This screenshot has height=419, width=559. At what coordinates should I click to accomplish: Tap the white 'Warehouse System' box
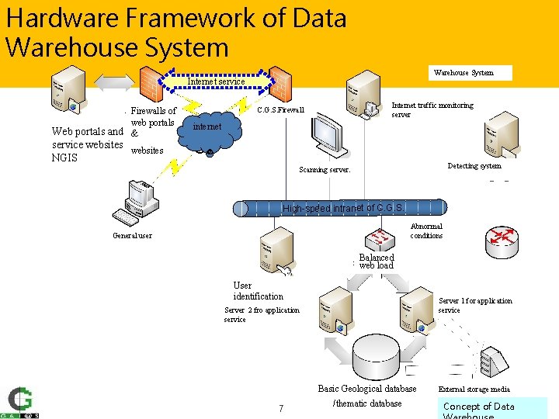pos(474,73)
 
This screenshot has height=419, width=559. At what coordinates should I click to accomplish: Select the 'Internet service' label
pos(217,81)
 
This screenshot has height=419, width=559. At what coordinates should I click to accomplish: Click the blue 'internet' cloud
pos(207,128)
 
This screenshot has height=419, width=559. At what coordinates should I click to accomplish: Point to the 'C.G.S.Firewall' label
pos(280,110)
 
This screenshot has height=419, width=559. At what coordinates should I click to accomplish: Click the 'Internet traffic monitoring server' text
pos(432,109)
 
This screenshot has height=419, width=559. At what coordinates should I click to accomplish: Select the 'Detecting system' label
pos(474,166)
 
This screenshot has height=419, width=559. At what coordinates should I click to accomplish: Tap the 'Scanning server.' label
pos(325,169)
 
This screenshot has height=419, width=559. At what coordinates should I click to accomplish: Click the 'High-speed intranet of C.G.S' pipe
pos(342,208)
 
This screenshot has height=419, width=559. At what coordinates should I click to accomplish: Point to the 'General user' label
pos(132,236)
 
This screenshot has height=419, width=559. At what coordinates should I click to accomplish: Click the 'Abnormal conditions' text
pos(426,231)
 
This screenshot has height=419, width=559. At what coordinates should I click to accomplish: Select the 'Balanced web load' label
pos(377,261)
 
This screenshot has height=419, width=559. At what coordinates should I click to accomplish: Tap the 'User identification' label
pos(258,291)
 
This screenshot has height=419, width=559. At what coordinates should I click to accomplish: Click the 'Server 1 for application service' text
pos(475,305)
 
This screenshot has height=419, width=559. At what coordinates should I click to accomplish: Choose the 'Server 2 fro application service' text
pos(262,314)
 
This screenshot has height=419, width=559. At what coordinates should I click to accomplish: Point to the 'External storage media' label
pos(474,390)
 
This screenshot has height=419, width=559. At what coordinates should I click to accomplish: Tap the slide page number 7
pos(280,408)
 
